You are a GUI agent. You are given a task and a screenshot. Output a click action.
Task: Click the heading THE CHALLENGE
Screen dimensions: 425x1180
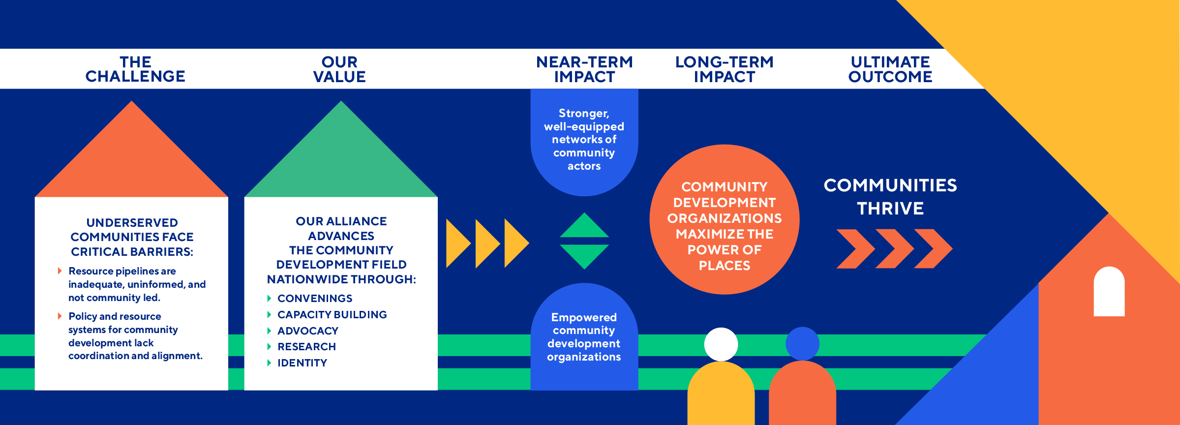(135, 69)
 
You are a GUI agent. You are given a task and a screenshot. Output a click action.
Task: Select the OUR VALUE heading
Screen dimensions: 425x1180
(339, 69)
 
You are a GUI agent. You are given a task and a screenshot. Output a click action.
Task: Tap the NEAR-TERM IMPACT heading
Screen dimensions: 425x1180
(584, 69)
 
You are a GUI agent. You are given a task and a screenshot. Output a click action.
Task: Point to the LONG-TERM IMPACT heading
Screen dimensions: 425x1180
(724, 69)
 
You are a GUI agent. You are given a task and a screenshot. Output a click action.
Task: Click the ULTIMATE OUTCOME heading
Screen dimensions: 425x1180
(890, 69)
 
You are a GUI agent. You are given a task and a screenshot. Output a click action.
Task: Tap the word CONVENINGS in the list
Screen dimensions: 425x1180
(315, 299)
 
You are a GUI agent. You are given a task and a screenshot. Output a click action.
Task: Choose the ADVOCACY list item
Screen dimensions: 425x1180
(308, 331)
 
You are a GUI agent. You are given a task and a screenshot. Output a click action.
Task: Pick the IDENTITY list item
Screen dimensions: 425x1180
(302, 363)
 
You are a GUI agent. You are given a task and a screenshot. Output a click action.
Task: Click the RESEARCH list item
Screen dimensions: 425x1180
(306, 347)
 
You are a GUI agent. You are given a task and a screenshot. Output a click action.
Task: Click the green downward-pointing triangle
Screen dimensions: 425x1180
(584, 254)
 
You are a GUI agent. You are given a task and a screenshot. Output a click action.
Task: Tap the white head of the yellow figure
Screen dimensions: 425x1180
(721, 344)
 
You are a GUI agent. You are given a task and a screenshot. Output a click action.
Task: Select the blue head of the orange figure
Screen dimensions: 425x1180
(802, 343)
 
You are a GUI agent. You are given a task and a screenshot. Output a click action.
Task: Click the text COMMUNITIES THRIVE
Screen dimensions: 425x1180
(890, 197)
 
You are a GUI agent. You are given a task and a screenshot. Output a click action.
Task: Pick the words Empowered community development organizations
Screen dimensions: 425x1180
(584, 337)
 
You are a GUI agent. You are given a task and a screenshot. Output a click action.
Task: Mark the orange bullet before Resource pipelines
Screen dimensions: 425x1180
(60, 271)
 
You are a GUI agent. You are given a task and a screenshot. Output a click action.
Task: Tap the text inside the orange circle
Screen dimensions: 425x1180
(725, 226)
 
